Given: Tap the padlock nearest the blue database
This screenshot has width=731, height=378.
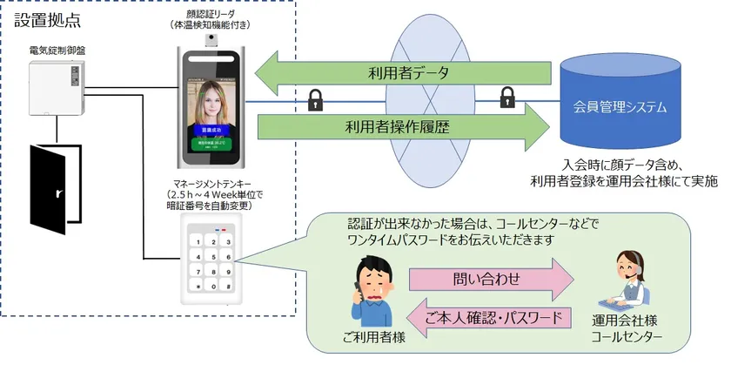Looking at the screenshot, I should click(507, 97).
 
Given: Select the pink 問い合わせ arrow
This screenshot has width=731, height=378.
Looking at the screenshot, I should click(492, 280).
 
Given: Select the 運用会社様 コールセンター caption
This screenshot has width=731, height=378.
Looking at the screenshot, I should click(627, 329).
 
